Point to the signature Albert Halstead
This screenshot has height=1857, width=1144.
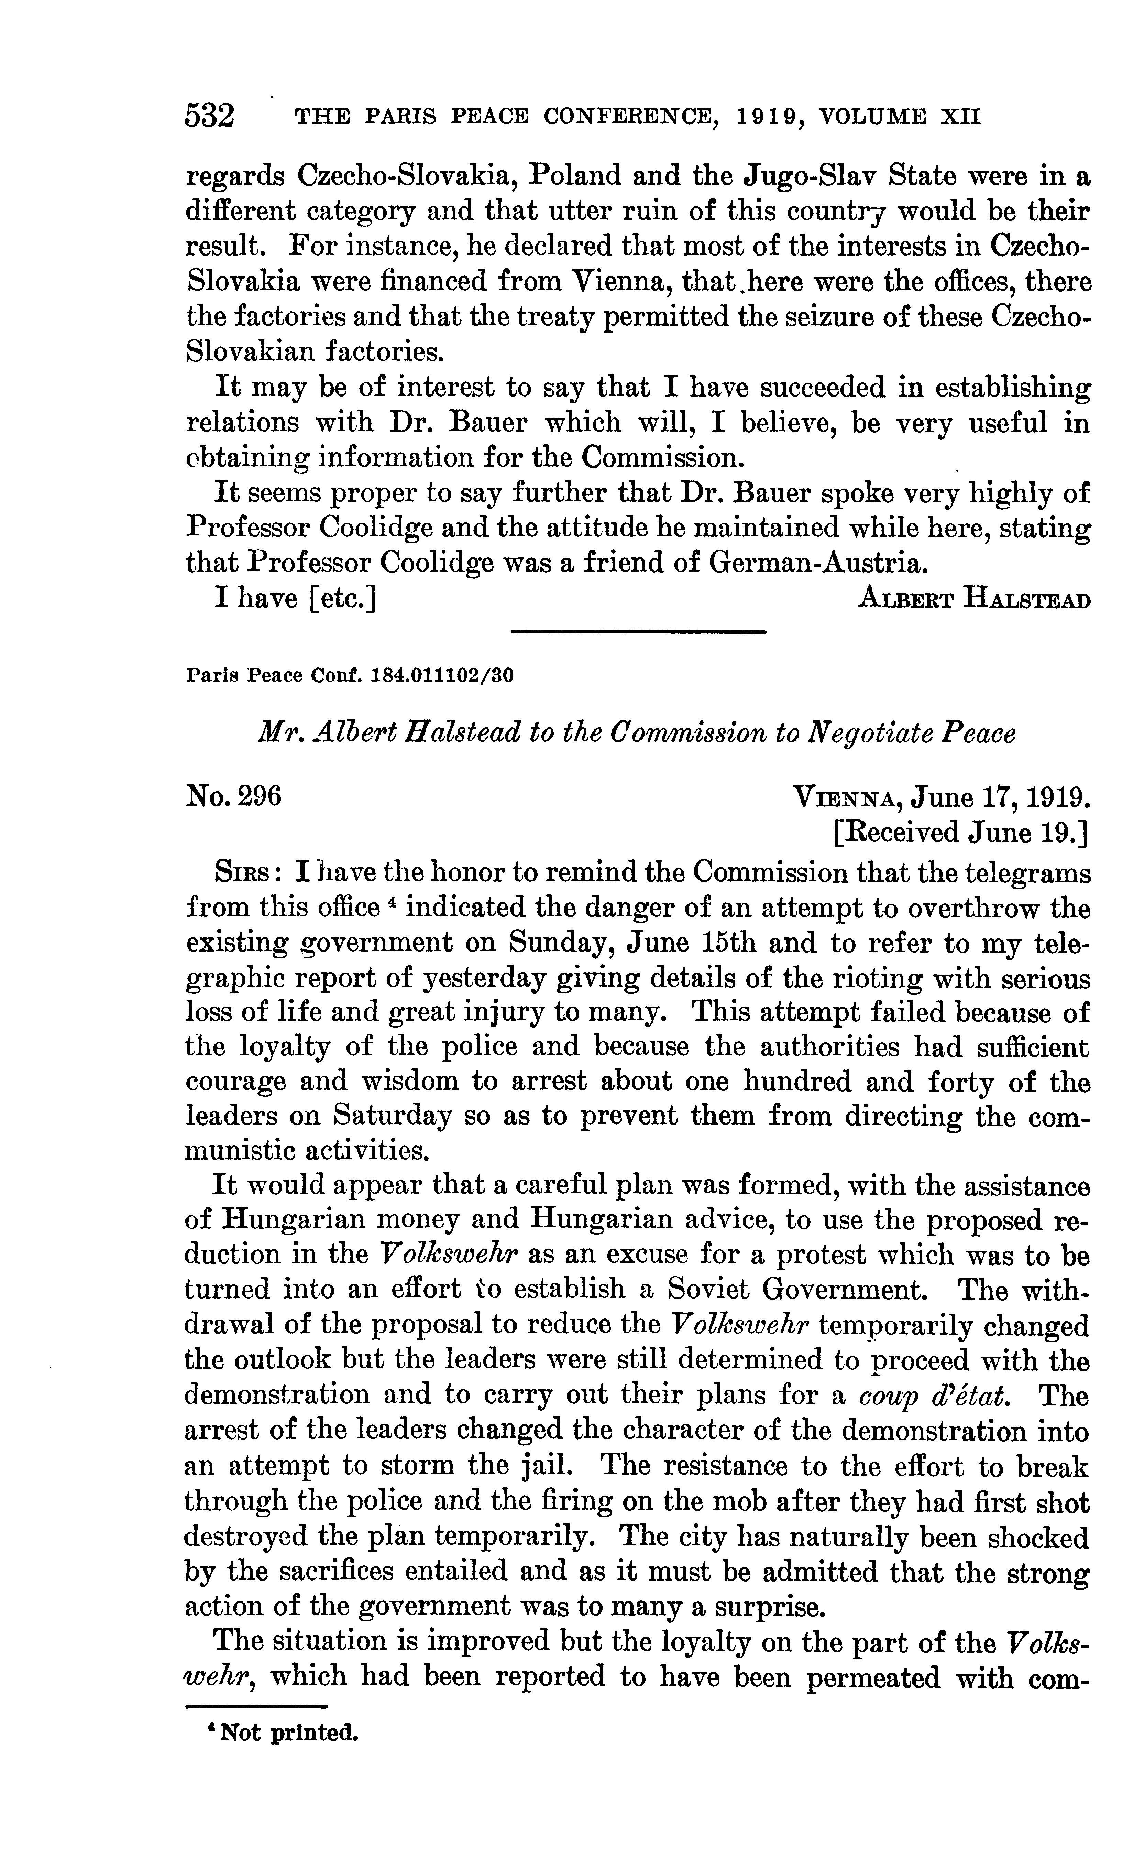coord(975,599)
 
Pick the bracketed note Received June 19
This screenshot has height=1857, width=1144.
coord(961,833)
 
